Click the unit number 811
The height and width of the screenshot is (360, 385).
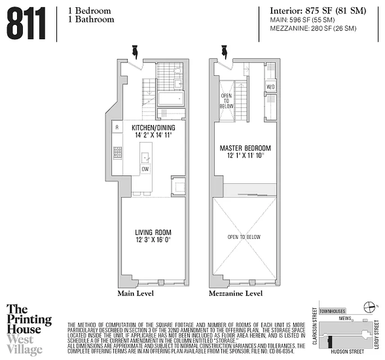[x=27, y=24]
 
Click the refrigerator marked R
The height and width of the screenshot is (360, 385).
[x=117, y=127]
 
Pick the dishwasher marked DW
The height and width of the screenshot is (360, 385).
[x=145, y=169]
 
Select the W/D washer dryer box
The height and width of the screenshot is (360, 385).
[x=271, y=86]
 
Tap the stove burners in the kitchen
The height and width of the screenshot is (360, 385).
[x=117, y=153]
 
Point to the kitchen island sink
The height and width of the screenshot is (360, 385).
[x=145, y=157]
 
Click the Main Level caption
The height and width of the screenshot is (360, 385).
[x=136, y=293]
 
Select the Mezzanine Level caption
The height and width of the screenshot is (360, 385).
[x=236, y=293]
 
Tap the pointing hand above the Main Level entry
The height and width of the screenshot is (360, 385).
[x=134, y=52]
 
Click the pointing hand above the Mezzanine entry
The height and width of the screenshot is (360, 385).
[x=224, y=52]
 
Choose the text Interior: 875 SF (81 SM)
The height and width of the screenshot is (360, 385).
[x=318, y=11]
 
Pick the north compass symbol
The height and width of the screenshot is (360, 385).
[x=369, y=307]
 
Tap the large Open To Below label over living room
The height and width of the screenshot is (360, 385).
[x=244, y=237]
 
